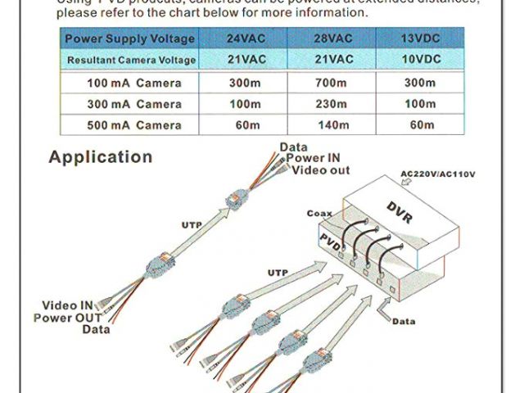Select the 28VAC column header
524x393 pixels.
pyautogui.click(x=333, y=38)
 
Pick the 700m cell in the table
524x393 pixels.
pyautogui.click(x=333, y=84)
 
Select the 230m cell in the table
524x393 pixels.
pyautogui.click(x=333, y=104)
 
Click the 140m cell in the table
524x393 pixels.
pyautogui.click(x=333, y=125)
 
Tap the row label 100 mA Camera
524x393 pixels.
pyautogui.click(x=134, y=84)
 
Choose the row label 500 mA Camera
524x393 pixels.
pyautogui.click(x=134, y=125)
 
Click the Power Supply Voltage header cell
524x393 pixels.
pyautogui.click(x=129, y=38)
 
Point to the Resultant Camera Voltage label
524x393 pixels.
pyautogui.click(x=131, y=60)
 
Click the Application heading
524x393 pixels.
pyautogui.click(x=100, y=156)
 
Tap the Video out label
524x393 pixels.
pyautogui.click(x=321, y=169)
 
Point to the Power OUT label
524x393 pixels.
pyautogui.click(x=67, y=318)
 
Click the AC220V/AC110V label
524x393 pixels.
pyautogui.click(x=438, y=174)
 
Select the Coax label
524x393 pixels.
pyautogui.click(x=319, y=213)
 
